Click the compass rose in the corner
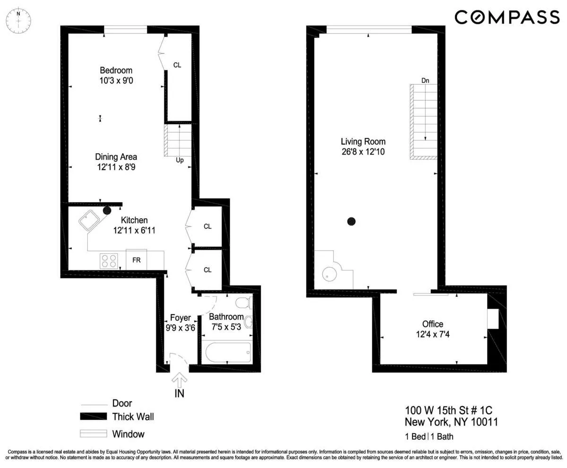(18, 21)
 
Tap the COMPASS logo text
(507, 17)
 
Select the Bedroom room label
(116, 70)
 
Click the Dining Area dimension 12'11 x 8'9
(116, 167)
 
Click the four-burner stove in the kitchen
(109, 260)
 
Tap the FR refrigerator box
(136, 260)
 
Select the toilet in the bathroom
(243, 303)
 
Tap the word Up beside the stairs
(180, 160)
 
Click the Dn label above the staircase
(425, 81)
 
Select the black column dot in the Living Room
(351, 221)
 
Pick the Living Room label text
(363, 141)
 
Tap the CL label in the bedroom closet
(177, 65)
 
